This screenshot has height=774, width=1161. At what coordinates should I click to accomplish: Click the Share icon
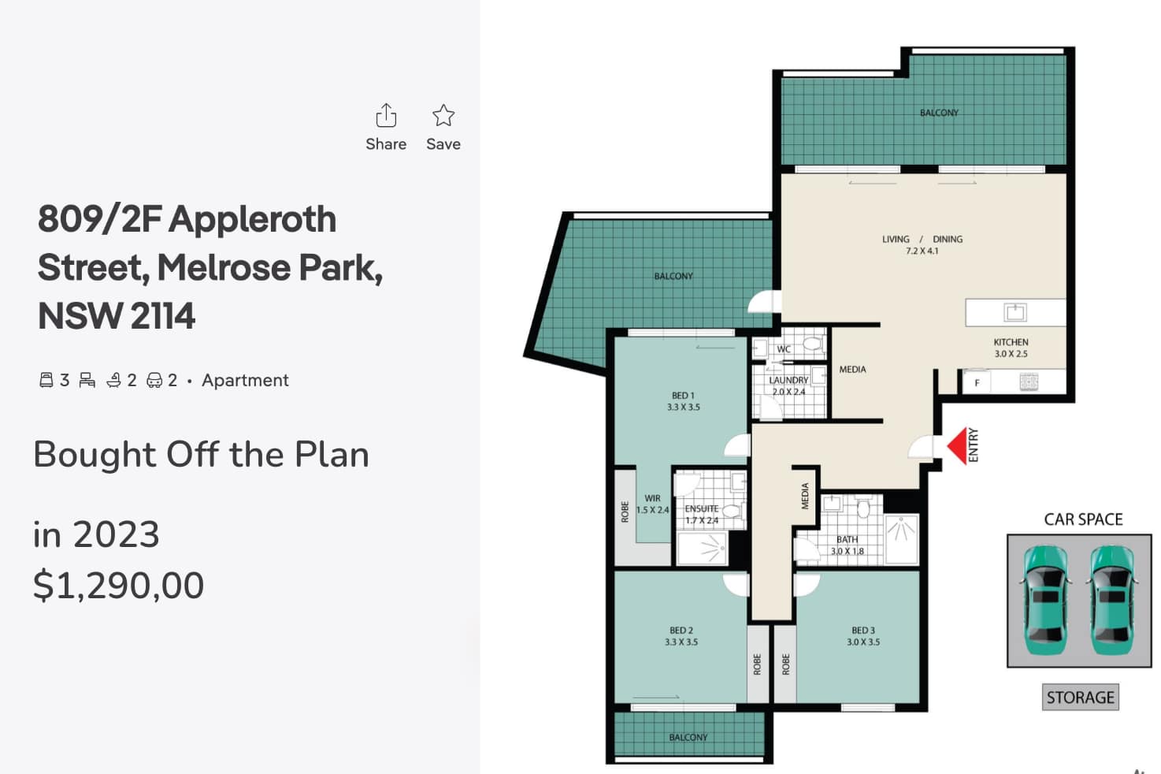tap(386, 115)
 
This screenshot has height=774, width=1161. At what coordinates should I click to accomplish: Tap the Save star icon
tap(443, 115)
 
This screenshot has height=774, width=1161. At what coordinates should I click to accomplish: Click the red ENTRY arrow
tap(957, 445)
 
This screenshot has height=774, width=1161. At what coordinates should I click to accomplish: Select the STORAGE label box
tap(1081, 698)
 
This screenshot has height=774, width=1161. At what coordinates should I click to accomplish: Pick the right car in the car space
tap(1111, 600)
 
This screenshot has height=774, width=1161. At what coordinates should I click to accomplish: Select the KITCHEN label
tap(1011, 342)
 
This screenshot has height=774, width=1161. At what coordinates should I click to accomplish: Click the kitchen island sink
tap(1014, 312)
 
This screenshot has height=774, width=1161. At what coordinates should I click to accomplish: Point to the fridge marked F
tap(977, 383)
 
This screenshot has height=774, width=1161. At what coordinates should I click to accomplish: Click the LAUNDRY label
tap(788, 380)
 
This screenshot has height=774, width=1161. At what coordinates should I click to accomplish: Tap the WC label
tap(784, 349)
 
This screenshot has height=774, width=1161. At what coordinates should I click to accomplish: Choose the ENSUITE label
tap(701, 509)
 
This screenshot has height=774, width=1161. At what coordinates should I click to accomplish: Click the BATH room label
tap(847, 540)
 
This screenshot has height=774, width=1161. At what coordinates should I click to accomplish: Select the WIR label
tap(652, 498)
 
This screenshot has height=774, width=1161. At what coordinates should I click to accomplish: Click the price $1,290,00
tap(119, 586)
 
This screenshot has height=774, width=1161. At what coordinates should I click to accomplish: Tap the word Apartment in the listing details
tap(245, 380)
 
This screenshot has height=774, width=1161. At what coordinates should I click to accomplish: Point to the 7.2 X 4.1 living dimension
tap(922, 251)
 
